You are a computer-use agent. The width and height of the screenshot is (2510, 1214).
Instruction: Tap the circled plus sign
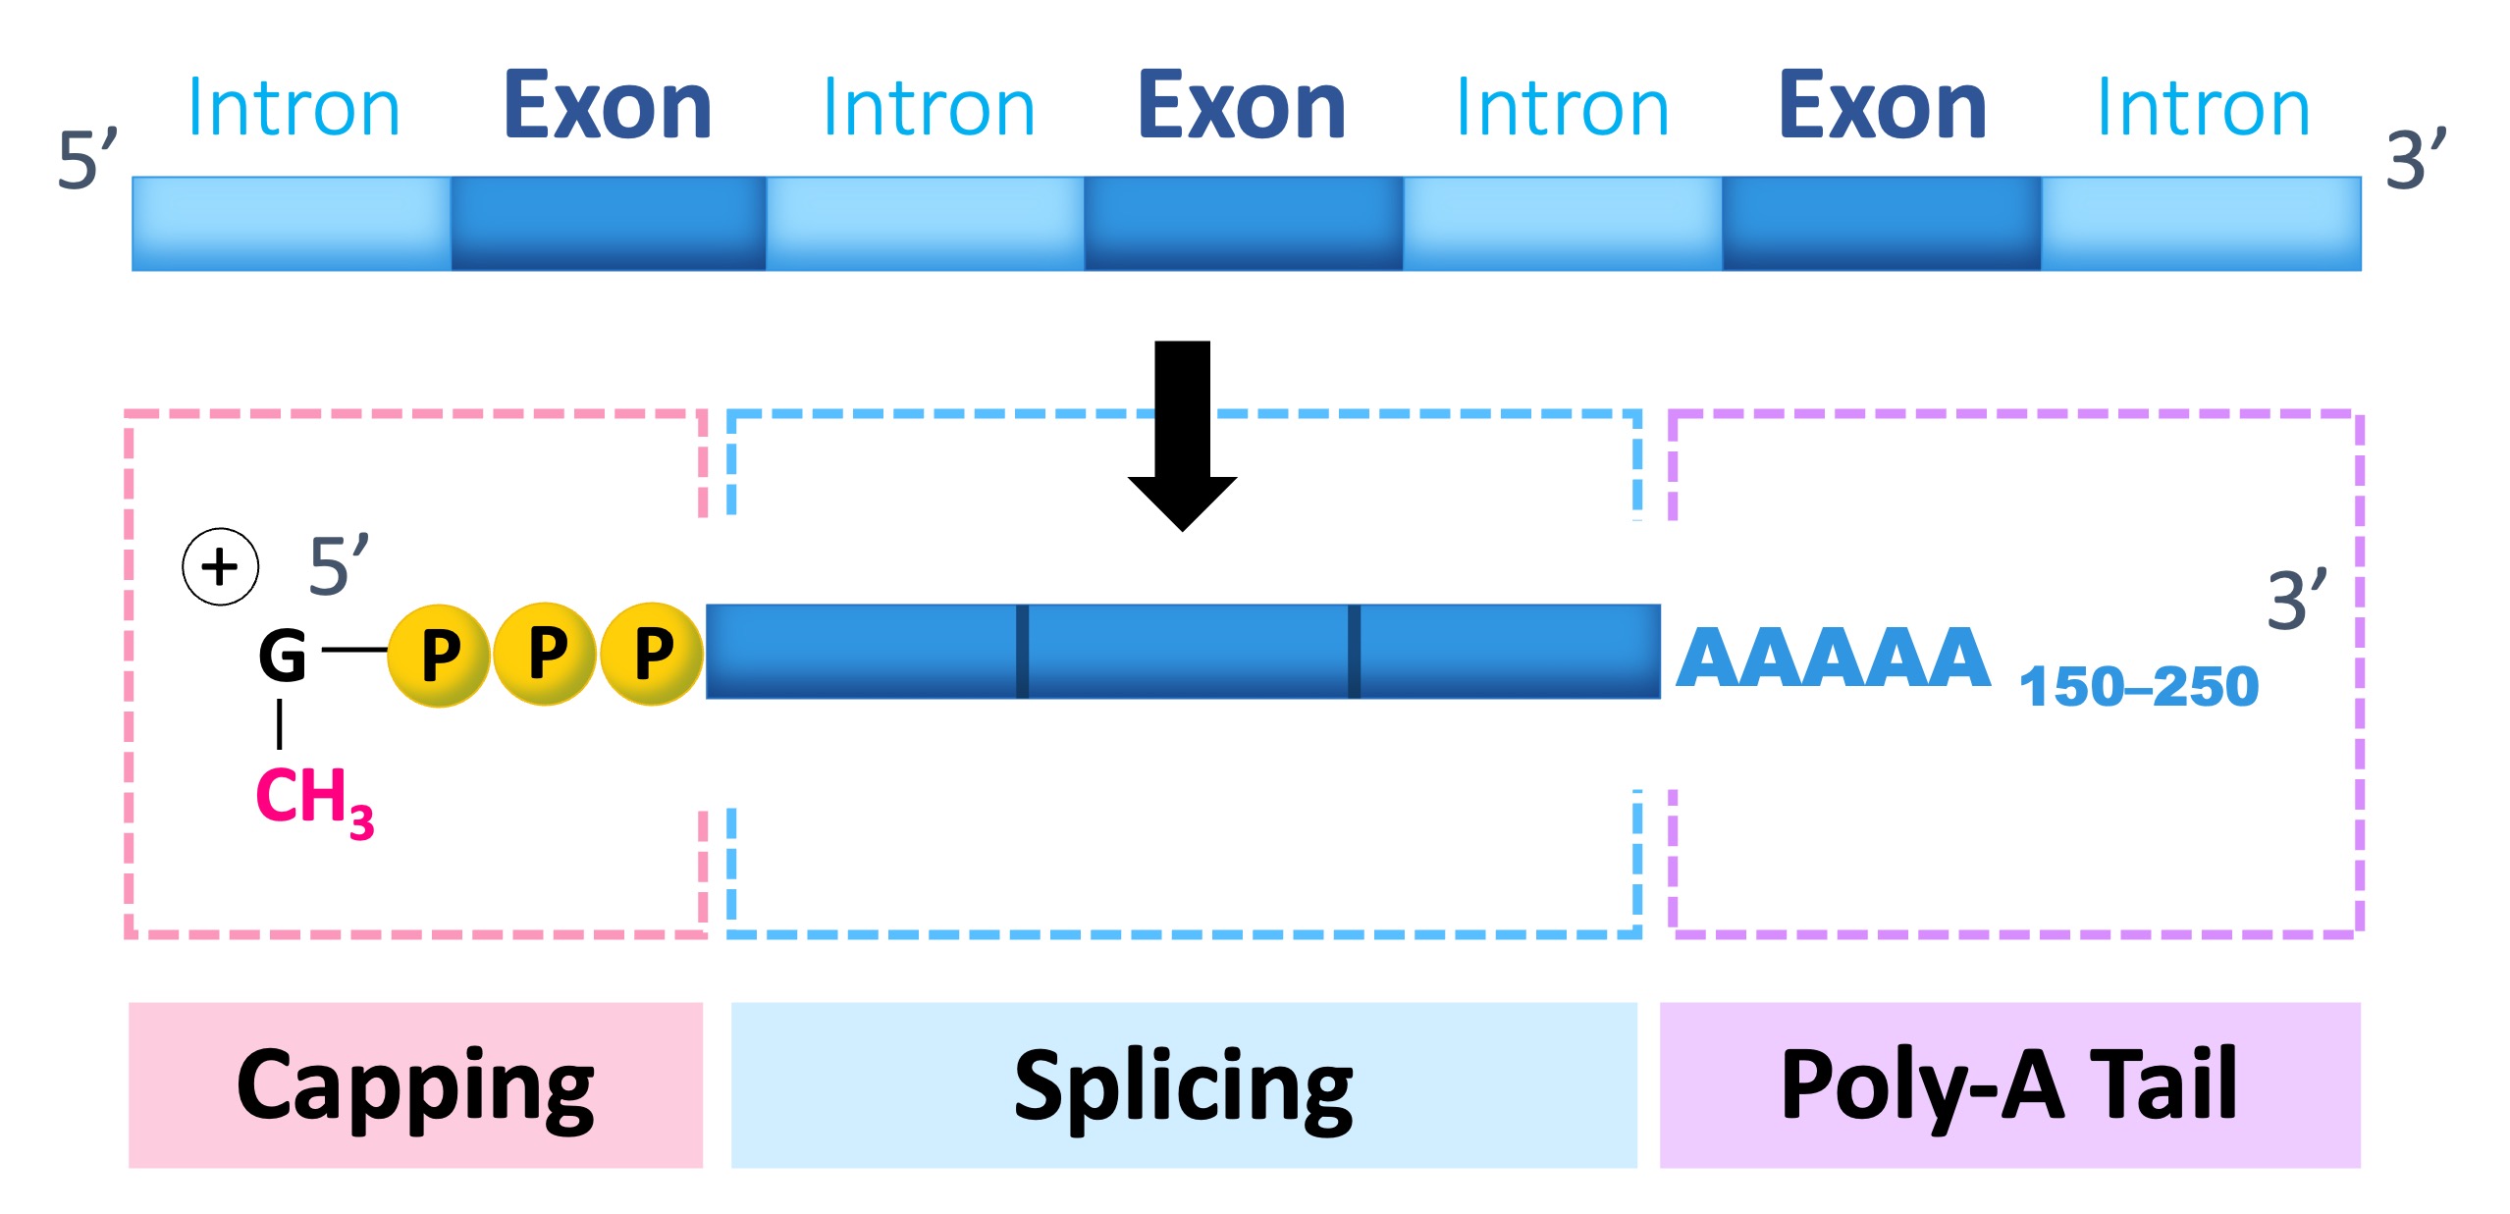click(x=221, y=566)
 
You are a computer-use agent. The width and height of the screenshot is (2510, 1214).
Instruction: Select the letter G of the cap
click(x=283, y=656)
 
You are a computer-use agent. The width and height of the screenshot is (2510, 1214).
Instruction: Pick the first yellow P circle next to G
click(x=439, y=655)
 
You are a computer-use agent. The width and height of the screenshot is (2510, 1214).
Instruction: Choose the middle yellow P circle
click(x=546, y=653)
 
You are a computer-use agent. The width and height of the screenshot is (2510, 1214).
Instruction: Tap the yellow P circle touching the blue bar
click(x=652, y=653)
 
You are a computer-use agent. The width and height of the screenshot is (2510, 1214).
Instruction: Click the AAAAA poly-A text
click(x=1833, y=659)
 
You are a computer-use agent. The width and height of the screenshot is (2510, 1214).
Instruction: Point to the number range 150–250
click(x=2139, y=686)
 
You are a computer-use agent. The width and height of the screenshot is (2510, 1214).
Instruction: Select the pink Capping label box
click(x=415, y=1084)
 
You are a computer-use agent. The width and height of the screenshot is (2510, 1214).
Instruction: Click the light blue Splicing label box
click(x=1183, y=1084)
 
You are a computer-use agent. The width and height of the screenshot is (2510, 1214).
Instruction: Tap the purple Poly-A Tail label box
click(x=2009, y=1084)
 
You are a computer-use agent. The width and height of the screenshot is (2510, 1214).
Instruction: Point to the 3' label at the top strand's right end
click(x=2416, y=159)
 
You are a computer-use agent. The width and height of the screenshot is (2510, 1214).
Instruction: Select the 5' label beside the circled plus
click(x=339, y=566)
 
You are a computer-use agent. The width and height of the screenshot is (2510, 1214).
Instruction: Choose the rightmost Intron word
click(x=2203, y=108)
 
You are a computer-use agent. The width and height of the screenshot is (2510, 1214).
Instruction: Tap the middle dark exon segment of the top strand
click(x=1243, y=223)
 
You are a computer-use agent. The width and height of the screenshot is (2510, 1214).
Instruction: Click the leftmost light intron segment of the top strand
click(x=292, y=223)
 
